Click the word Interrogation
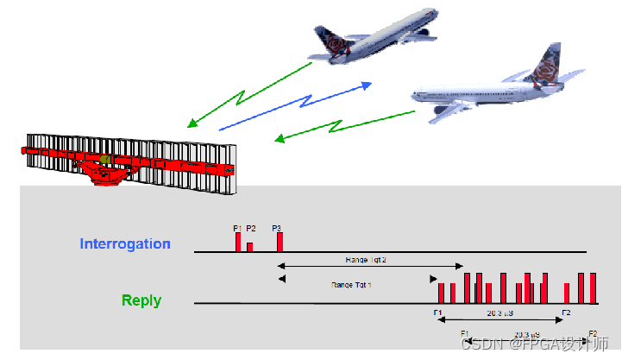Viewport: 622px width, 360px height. pyautogui.click(x=125, y=243)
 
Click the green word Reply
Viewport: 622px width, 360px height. pyautogui.click(x=141, y=300)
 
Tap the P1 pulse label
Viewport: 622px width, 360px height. pyautogui.click(x=238, y=228)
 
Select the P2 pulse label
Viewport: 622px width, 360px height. pyautogui.click(x=251, y=228)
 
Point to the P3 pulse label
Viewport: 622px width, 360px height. pyautogui.click(x=277, y=228)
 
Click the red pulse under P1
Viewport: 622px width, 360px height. pyautogui.click(x=238, y=242)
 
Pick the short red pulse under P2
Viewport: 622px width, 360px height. pyautogui.click(x=249, y=247)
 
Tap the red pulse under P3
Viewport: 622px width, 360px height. pyautogui.click(x=280, y=242)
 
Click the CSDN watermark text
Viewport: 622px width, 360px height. pyautogui.click(x=535, y=344)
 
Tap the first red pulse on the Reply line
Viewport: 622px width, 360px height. pyautogui.click(x=441, y=293)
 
